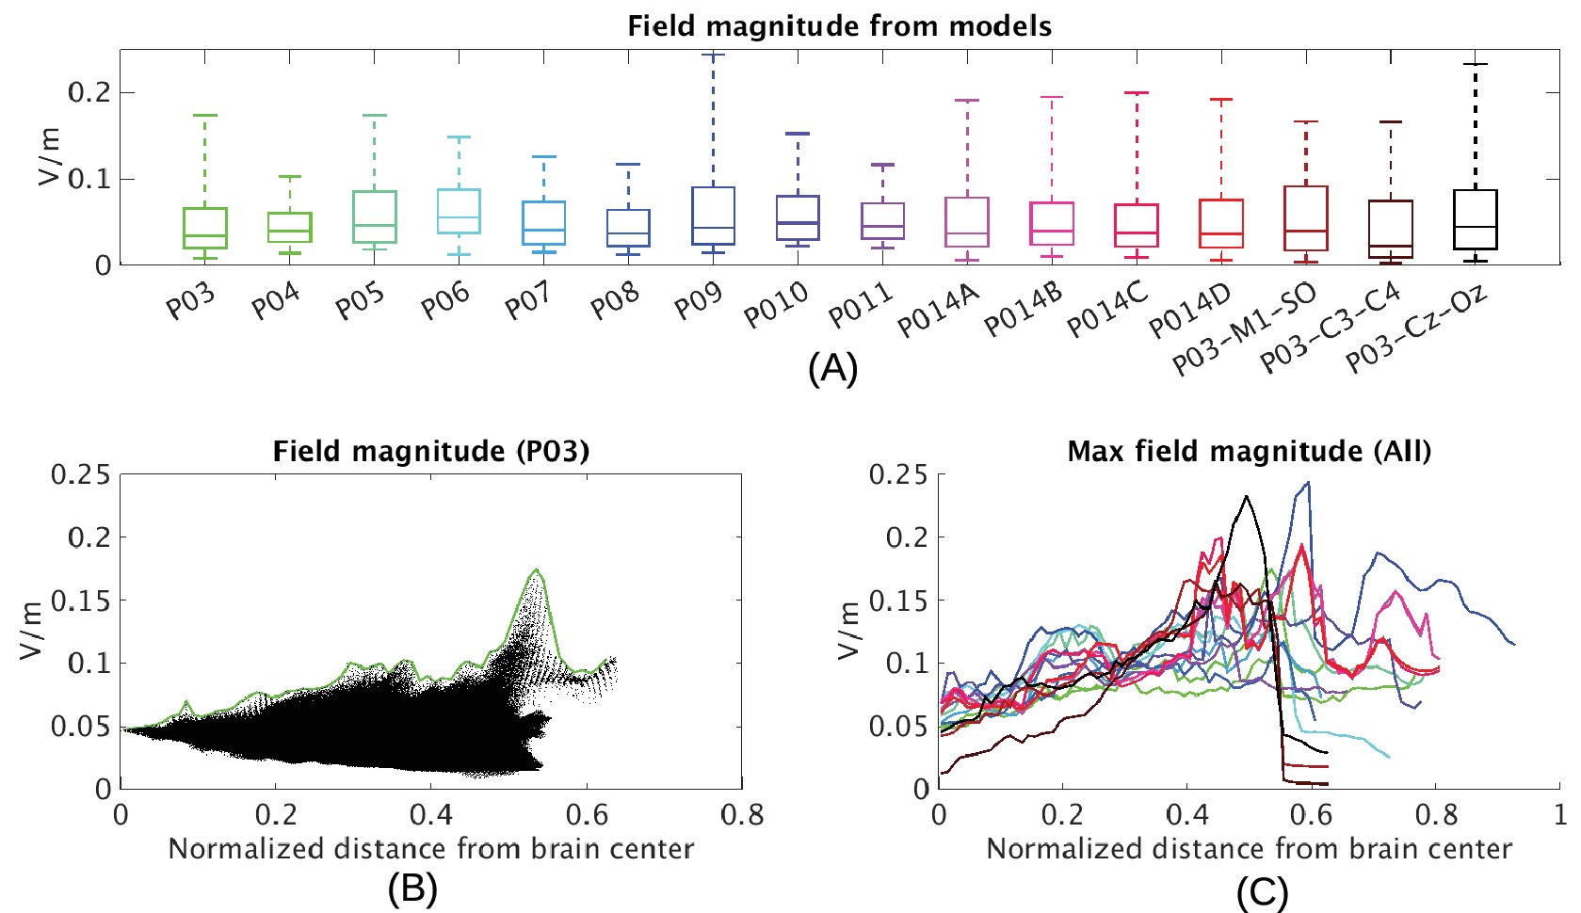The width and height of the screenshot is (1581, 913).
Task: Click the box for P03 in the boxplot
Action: (x=204, y=228)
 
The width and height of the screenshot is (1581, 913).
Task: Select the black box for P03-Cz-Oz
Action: (x=1476, y=219)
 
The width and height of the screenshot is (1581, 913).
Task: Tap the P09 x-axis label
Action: (x=699, y=300)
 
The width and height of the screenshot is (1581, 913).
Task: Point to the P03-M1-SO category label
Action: (x=1244, y=329)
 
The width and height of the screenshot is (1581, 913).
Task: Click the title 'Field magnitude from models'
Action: (x=839, y=25)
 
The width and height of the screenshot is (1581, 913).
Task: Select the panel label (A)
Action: (x=833, y=369)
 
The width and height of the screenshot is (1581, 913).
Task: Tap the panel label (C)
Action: (x=1262, y=892)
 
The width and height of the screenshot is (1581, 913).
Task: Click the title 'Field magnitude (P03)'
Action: (x=431, y=451)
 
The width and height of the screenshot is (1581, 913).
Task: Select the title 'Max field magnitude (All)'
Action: (x=1249, y=451)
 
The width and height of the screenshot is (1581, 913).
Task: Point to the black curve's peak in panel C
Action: (x=1247, y=496)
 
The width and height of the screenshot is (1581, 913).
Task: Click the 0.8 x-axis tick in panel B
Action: (x=742, y=814)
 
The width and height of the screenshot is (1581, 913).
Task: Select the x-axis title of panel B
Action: (x=431, y=849)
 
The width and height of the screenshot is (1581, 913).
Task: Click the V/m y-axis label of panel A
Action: (x=49, y=157)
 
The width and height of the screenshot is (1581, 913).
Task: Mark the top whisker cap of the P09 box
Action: (x=713, y=56)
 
